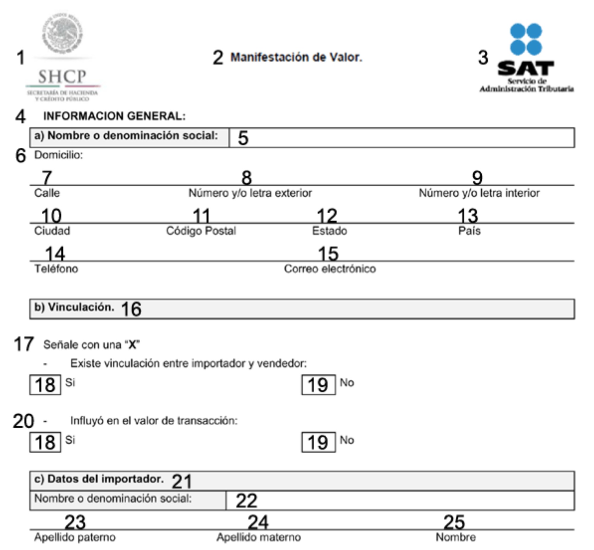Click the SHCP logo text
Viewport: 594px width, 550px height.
point(62,76)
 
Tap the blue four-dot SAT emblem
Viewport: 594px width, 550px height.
point(526,39)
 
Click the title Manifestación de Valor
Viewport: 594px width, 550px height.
point(296,57)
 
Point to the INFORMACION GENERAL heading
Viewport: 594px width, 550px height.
point(114,116)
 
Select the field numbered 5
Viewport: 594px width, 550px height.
point(401,138)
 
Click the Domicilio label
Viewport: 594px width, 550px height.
point(58,155)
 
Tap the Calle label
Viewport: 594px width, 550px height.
point(47,193)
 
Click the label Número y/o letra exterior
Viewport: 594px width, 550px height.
point(250,193)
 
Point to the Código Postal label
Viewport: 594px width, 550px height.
point(201,231)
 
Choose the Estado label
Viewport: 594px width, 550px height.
point(329,231)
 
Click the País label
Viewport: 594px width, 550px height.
point(469,231)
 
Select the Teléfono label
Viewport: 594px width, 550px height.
point(56,269)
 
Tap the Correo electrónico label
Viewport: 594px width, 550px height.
point(330,269)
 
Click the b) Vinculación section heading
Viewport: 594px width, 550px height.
point(74,307)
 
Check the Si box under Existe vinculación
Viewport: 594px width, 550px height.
point(45,385)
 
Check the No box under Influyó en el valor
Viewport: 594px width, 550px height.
point(318,442)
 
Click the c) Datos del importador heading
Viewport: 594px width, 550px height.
point(99,479)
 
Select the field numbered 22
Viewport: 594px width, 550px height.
point(400,501)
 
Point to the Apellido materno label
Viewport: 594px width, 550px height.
point(258,537)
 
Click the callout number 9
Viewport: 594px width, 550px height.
point(477,178)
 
